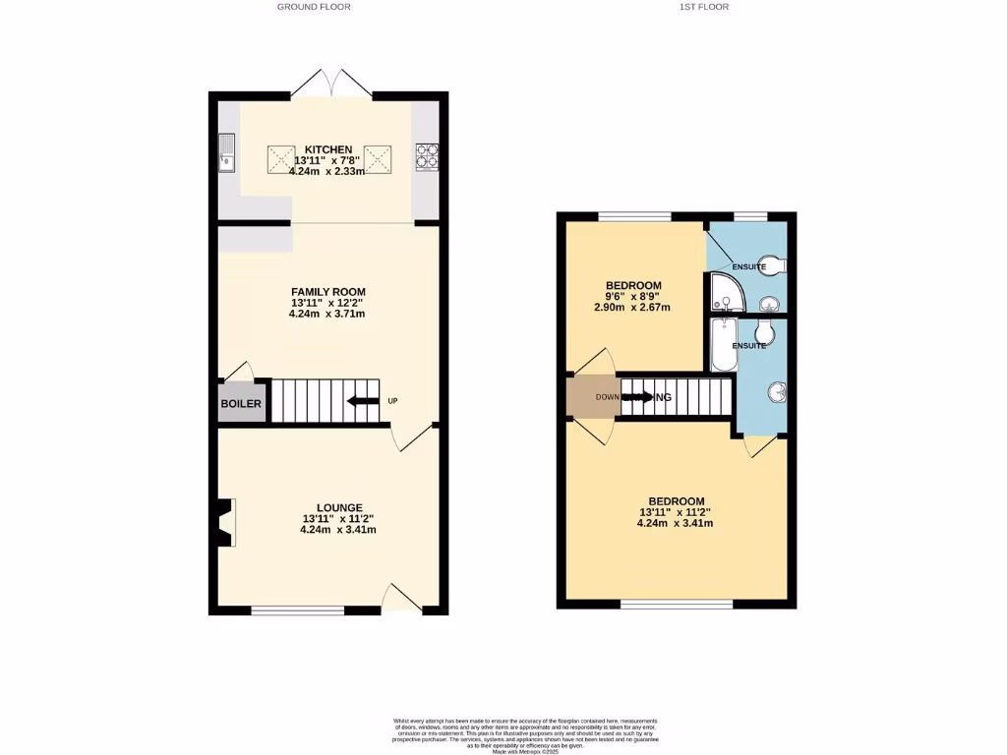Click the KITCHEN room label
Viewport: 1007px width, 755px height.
click(327, 149)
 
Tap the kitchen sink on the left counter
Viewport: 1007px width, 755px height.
click(226, 152)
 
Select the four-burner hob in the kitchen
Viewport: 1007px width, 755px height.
click(428, 155)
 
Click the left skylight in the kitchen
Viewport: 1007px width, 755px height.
click(281, 156)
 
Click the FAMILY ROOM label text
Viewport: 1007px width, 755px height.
click(327, 292)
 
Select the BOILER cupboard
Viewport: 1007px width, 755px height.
click(241, 404)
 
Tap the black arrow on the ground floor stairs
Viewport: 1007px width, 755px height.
click(363, 400)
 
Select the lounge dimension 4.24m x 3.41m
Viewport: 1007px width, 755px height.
click(337, 530)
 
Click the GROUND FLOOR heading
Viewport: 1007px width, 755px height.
click(314, 7)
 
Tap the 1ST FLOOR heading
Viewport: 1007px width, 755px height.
click(704, 7)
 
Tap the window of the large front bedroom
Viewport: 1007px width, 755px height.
click(676, 604)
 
